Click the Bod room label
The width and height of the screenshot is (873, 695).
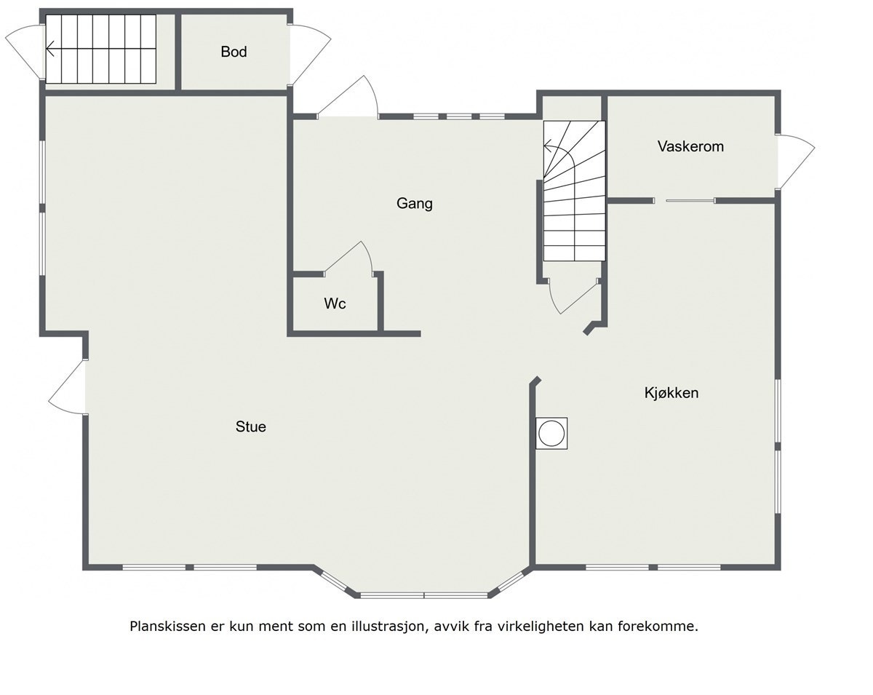(234, 52)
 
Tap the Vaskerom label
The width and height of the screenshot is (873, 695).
(690, 146)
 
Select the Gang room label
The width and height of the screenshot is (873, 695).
(414, 203)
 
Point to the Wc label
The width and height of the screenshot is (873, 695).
(335, 303)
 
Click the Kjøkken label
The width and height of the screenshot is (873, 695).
(671, 393)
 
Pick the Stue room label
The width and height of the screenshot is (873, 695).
(250, 426)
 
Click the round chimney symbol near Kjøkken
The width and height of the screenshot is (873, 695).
(551, 434)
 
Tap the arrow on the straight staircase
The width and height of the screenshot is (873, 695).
(51, 49)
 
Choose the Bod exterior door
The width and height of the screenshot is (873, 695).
(308, 55)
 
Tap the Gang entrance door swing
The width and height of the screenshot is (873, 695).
(349, 98)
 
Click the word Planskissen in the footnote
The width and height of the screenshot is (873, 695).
(162, 626)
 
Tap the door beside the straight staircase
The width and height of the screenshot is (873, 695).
(26, 49)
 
